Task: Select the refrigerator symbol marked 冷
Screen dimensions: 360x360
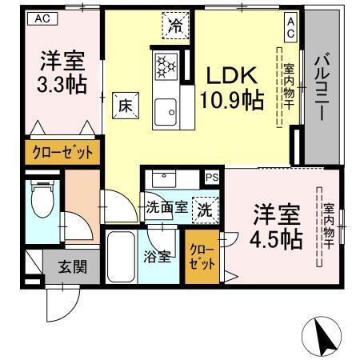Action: tap(174, 26)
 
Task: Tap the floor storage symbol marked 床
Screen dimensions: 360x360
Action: tap(125, 103)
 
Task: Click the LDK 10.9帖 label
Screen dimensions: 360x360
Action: tap(231, 88)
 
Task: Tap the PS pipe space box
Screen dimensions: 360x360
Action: tap(211, 178)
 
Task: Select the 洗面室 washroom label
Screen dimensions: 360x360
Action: tap(166, 206)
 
